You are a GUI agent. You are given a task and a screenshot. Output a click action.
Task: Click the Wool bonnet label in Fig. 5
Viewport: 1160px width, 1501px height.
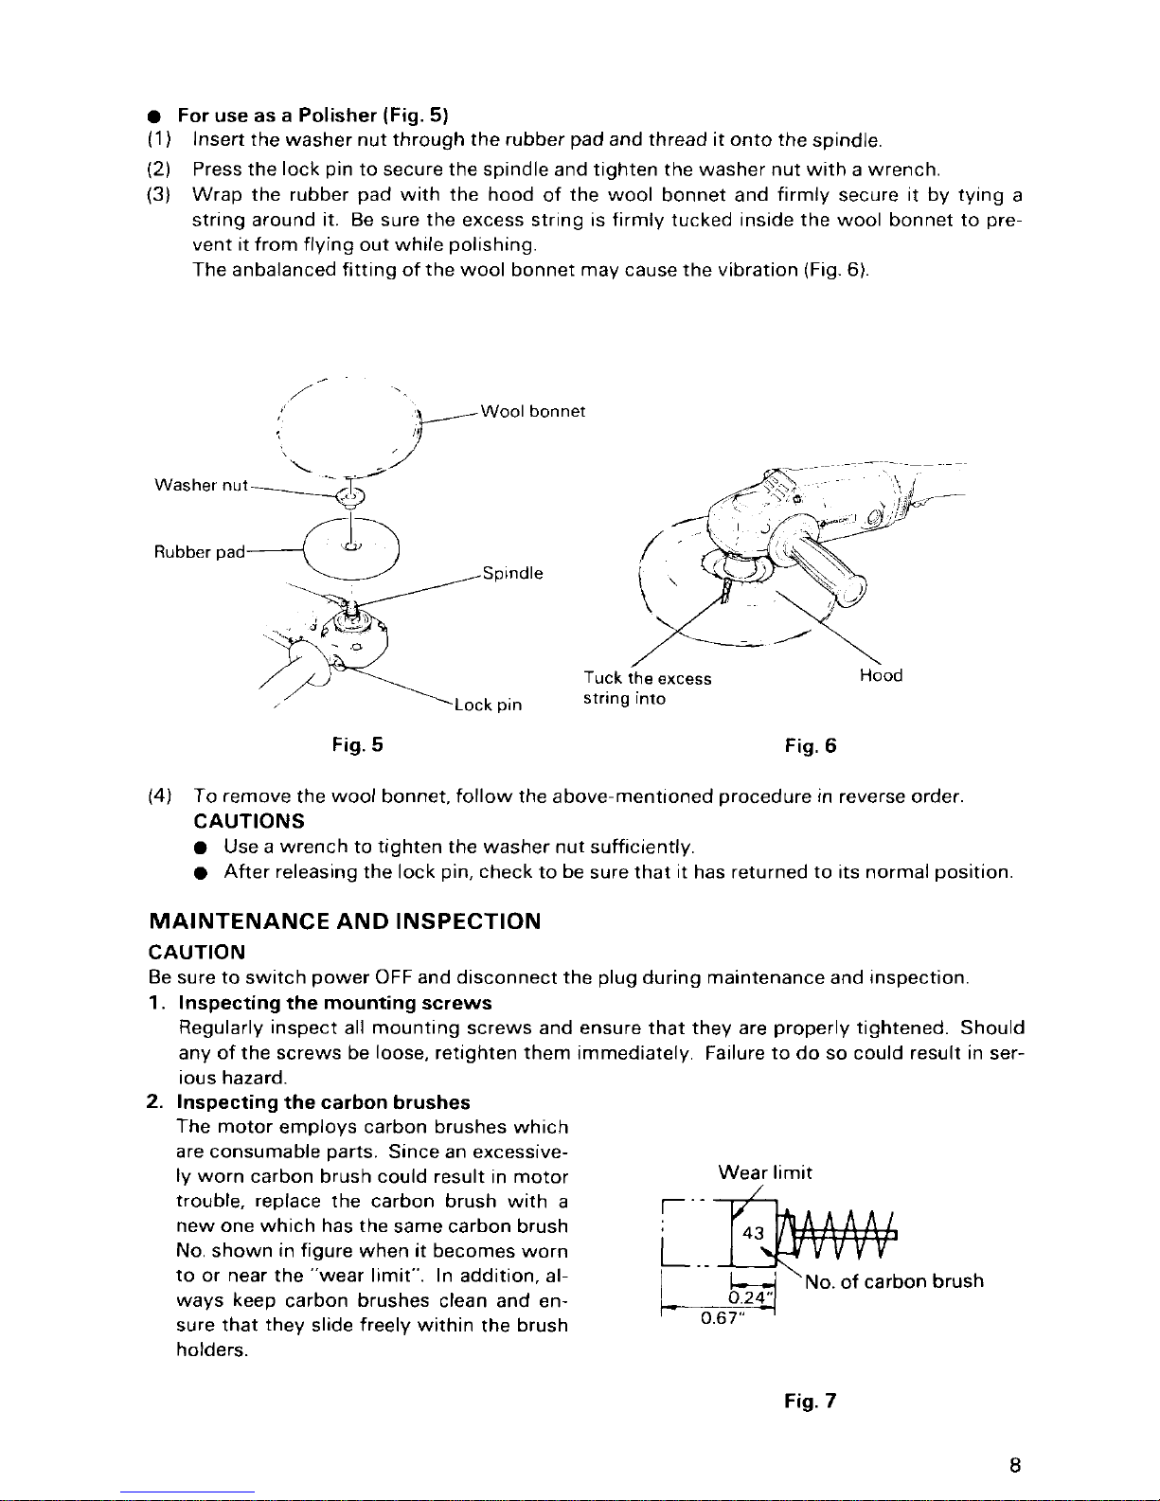533,411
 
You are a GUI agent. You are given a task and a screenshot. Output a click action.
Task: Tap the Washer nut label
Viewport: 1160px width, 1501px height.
201,486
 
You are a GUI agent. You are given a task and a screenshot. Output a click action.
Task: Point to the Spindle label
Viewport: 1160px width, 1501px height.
512,574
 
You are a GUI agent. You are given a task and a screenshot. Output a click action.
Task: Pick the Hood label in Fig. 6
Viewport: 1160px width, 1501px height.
881,675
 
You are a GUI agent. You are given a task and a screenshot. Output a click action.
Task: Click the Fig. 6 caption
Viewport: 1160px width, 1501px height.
811,746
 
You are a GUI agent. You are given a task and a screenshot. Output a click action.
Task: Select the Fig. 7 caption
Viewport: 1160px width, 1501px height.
811,1401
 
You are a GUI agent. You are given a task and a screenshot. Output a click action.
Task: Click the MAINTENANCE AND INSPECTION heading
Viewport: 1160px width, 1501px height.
346,921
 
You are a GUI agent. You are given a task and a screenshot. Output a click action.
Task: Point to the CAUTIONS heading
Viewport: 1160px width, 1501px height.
248,819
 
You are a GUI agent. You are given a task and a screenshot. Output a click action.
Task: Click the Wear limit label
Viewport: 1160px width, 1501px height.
765,1173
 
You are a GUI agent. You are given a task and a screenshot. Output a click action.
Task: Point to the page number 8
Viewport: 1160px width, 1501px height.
1013,1467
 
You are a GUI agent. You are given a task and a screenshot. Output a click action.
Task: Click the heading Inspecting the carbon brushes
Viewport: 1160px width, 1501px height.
324,1102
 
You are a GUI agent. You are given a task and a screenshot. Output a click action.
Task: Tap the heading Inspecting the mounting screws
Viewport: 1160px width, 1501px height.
335,1003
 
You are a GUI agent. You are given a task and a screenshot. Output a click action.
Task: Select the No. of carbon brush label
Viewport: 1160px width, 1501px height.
894,1281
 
